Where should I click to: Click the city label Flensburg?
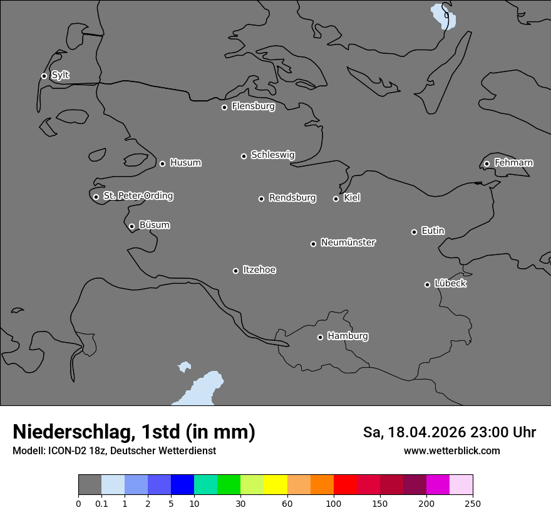[253, 107]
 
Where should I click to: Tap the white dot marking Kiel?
[336, 199]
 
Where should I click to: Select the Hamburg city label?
[348, 336]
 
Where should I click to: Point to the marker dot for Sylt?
[44, 76]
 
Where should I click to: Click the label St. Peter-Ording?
[138, 196]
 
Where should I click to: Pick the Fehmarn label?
[513, 163]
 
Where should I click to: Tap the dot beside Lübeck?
[427, 284]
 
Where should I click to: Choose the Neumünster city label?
[348, 242]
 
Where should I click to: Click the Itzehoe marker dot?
[235, 271]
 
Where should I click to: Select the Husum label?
[185, 163]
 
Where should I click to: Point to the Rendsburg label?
[292, 198]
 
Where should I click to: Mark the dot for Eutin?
[414, 232]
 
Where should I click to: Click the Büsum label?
[154, 225]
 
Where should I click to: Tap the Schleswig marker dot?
[244, 156]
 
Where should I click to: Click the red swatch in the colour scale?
[345, 484]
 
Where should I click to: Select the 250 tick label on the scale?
[473, 504]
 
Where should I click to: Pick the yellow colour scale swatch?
[275, 484]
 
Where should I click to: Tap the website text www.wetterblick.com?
[451, 451]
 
